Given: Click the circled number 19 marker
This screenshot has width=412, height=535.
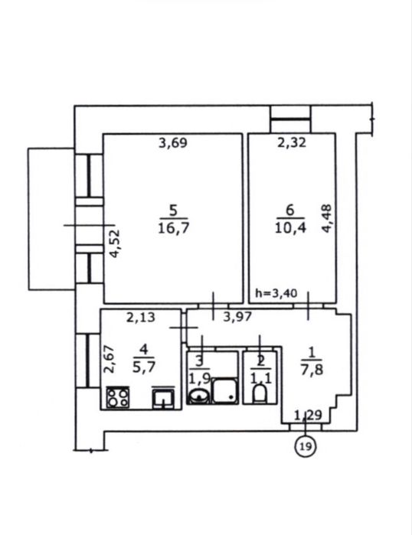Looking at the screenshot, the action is pos(305,446).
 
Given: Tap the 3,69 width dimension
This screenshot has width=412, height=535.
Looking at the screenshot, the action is pos(173,142).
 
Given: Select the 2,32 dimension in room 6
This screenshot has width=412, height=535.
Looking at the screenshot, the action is pos(292,142).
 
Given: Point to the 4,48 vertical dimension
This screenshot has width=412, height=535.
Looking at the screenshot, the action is pos(327,218).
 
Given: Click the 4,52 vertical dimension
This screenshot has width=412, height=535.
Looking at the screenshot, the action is pos(115,243).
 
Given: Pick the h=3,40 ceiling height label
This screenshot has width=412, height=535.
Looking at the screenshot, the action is pos(276,293).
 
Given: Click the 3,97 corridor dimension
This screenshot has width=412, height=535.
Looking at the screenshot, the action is pos(237,317).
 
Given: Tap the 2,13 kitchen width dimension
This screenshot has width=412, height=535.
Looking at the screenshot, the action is pos(141,318).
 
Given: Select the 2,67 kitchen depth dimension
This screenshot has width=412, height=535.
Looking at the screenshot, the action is pos(110,359).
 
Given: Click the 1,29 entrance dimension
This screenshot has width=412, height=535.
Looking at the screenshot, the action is pos(308,416).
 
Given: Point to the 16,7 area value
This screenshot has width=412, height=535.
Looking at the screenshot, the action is pos(173,227).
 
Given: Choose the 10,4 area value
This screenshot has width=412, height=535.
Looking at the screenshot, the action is pos(290,227).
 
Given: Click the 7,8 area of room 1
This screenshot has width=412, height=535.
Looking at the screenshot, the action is pos(312,370).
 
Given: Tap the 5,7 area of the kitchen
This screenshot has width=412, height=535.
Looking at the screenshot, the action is pos(144,367).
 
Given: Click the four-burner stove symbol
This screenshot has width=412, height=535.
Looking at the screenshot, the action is pos(118,397).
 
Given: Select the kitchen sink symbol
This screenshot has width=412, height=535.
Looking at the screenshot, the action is pos(164,398).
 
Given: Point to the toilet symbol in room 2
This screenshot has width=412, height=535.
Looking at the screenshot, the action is pos(260,393).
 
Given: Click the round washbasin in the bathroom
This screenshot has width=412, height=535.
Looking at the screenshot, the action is pos(198,396).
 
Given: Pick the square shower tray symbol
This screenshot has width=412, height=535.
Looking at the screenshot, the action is pos(224,390).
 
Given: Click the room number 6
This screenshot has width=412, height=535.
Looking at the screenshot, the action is pos(289,210).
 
